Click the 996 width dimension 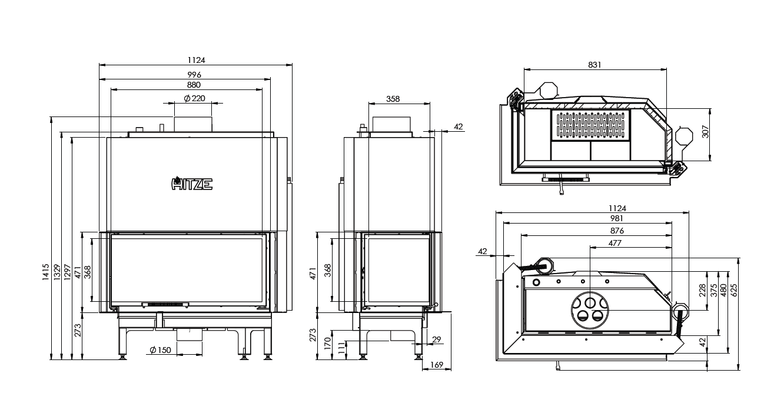195,75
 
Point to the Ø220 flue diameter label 194,98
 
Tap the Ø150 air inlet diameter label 160,350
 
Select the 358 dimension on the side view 393,99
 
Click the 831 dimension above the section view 594,65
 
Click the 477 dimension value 615,242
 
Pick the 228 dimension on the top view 702,290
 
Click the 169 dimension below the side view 437,364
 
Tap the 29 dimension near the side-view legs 436,339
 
